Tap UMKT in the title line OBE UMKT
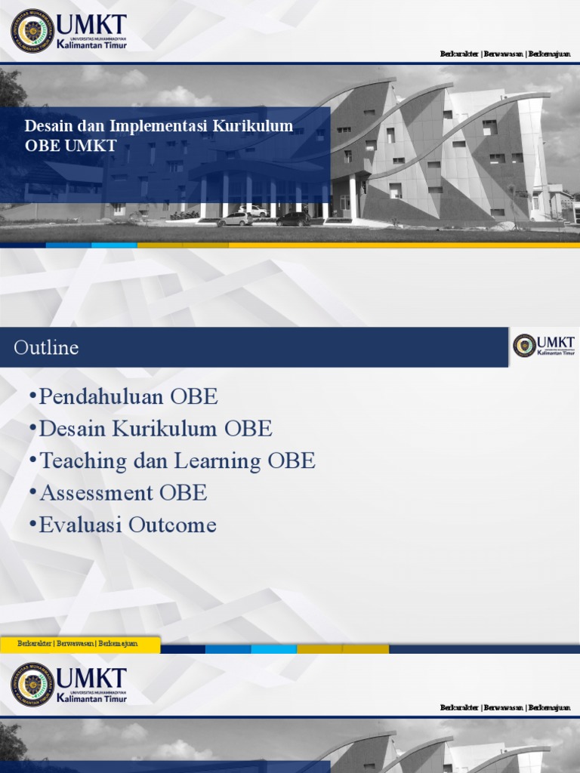[91, 146]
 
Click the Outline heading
[46, 347]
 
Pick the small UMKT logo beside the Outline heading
[544, 346]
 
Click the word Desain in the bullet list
[73, 429]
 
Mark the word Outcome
[171, 525]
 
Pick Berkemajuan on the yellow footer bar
[119, 643]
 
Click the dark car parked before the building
[293, 219]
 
